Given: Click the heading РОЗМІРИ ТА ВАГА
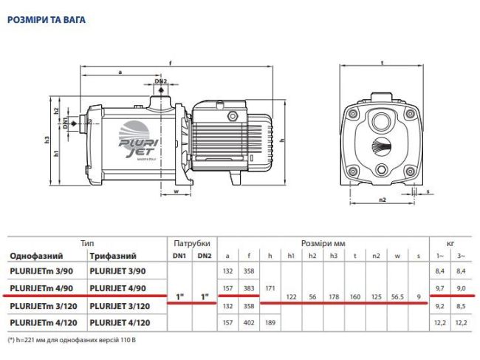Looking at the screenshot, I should pos(46,20).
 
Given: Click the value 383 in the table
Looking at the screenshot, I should pos(250,288).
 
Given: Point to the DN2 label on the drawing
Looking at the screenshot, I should pos(161,81).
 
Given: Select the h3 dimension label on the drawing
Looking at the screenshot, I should pos(47,138).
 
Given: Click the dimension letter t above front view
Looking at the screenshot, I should pos(383,61).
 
